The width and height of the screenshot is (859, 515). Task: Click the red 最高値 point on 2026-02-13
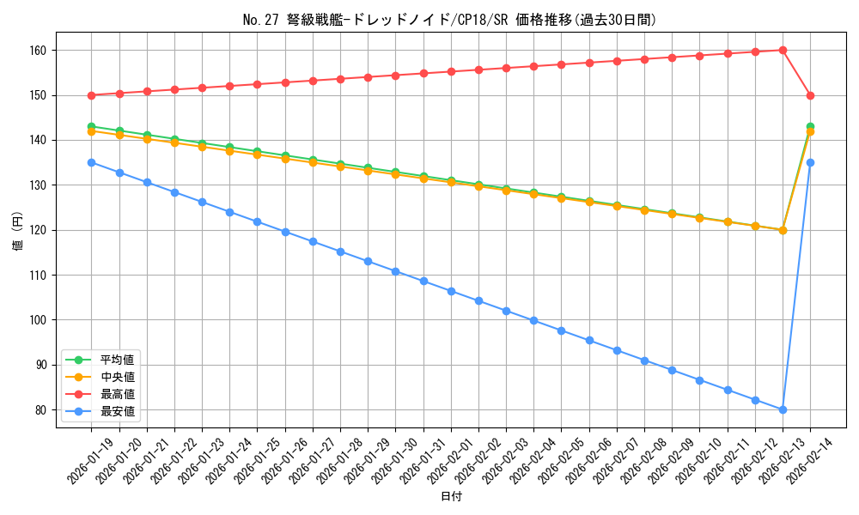tap(783, 50)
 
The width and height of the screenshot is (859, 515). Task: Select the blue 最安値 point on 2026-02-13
tap(783, 409)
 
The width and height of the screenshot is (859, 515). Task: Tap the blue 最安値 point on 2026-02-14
tap(810, 162)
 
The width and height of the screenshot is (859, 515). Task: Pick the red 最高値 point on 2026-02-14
tap(810, 95)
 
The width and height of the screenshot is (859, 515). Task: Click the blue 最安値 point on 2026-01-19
tap(92, 162)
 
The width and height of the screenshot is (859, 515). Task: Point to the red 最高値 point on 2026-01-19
tap(92, 95)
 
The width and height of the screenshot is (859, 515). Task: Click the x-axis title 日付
tap(450, 497)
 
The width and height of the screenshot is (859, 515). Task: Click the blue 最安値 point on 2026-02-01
tap(451, 291)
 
